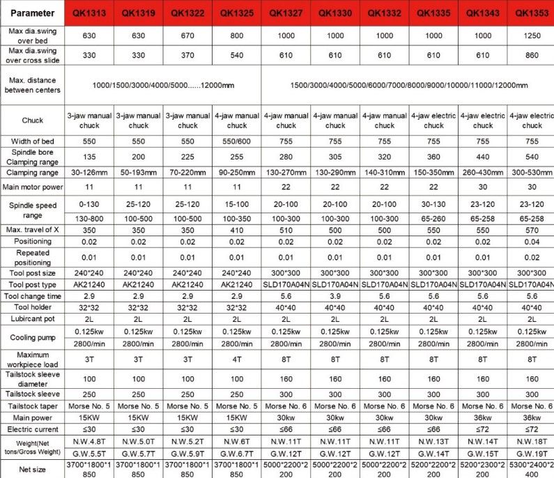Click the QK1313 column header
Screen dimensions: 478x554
click(89, 13)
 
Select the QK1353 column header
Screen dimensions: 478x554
click(532, 13)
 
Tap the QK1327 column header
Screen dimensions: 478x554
click(286, 13)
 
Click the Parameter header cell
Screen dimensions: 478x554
click(32, 13)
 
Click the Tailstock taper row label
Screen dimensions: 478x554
click(32, 406)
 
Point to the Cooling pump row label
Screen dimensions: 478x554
click(32, 338)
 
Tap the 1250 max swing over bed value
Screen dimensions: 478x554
click(532, 36)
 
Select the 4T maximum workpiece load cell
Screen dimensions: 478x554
click(237, 360)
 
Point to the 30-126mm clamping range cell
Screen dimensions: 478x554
click(89, 171)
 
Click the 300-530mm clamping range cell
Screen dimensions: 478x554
click(532, 171)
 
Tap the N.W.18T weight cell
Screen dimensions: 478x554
click(532, 442)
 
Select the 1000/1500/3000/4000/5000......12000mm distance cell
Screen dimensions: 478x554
click(164, 85)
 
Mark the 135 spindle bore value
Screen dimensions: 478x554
click(89, 157)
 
